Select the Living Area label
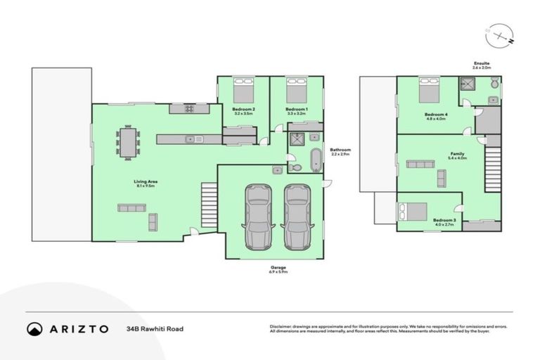(146, 181)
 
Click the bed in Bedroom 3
(411, 210)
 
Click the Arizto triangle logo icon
(34, 328)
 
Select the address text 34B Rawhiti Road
(155, 328)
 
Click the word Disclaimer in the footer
(281, 326)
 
